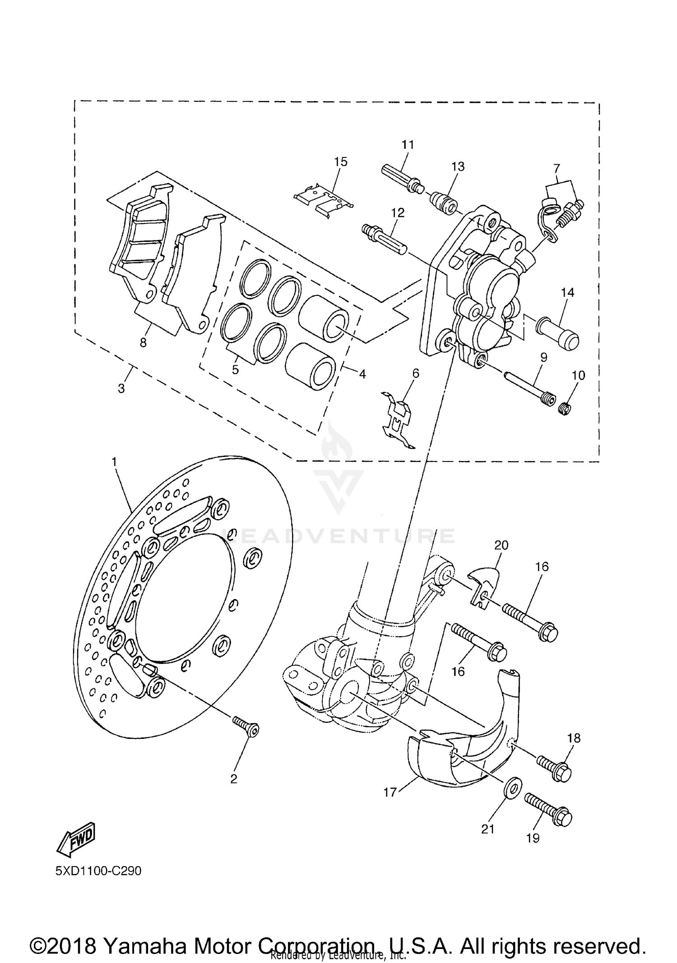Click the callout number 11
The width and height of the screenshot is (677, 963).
408,145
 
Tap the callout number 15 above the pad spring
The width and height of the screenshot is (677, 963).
341,161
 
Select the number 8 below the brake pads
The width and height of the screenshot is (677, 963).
143,343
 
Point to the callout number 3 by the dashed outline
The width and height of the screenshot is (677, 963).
121,388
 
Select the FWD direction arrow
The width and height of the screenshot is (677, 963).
75,838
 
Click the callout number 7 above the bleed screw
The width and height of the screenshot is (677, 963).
556,169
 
